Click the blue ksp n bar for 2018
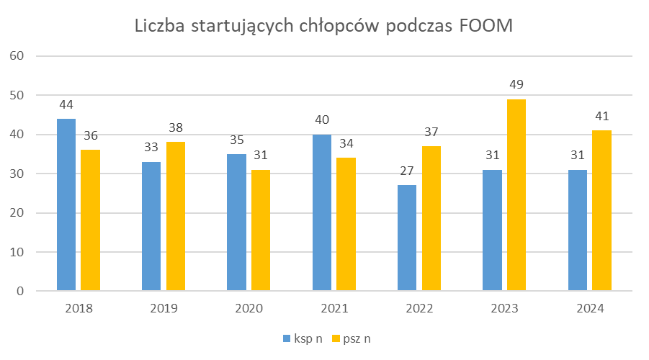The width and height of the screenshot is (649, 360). click(66, 205)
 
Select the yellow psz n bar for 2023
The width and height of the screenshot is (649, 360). click(516, 195)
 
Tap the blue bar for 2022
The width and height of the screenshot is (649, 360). click(407, 238)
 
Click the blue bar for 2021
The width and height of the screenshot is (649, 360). click(322, 212)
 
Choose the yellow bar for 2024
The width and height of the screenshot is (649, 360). click(601, 211)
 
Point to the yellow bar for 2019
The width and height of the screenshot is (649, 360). click(176, 217)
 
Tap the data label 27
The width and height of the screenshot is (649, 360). click(407, 172)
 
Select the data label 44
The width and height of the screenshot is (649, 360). click(66, 105)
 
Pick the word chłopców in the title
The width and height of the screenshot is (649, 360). click(339, 27)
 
